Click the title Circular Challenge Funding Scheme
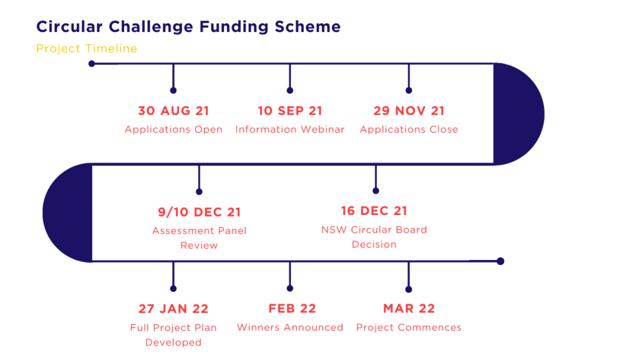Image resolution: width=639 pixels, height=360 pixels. [x=188, y=27]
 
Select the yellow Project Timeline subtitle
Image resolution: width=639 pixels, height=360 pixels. [x=87, y=49]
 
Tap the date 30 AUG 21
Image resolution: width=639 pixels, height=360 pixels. [x=173, y=111]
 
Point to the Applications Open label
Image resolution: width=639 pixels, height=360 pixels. [x=173, y=130]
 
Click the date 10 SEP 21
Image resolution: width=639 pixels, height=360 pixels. [x=290, y=111]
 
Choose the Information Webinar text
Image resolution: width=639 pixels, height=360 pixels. [x=290, y=130]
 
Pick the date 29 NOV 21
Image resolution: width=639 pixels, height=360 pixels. [x=409, y=111]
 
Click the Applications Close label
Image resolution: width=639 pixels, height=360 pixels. [x=409, y=130]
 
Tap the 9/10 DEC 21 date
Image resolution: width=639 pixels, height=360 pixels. [x=199, y=212]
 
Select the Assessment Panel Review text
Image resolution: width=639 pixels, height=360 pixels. [x=199, y=238]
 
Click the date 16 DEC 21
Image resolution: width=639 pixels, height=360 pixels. [x=374, y=211]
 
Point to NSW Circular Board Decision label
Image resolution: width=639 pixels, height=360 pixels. [x=374, y=237]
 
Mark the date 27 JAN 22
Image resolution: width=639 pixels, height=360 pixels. [x=173, y=309]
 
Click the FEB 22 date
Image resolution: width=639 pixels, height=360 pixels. [x=292, y=308]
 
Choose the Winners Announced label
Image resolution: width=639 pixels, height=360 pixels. [x=290, y=327]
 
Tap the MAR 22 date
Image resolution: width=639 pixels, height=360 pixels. [x=409, y=308]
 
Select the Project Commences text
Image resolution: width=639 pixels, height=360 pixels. [x=409, y=327]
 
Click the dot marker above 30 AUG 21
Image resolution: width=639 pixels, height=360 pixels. [x=173, y=91]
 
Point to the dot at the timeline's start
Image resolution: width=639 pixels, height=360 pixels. [x=92, y=63]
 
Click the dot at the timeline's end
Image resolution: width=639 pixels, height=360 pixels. [x=501, y=261]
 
